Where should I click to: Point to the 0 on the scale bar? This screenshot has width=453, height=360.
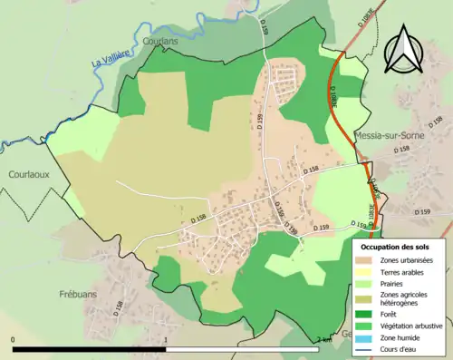[14, 340]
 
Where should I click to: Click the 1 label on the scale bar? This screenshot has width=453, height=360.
[166, 340]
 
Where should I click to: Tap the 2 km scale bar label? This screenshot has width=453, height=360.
[323, 340]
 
